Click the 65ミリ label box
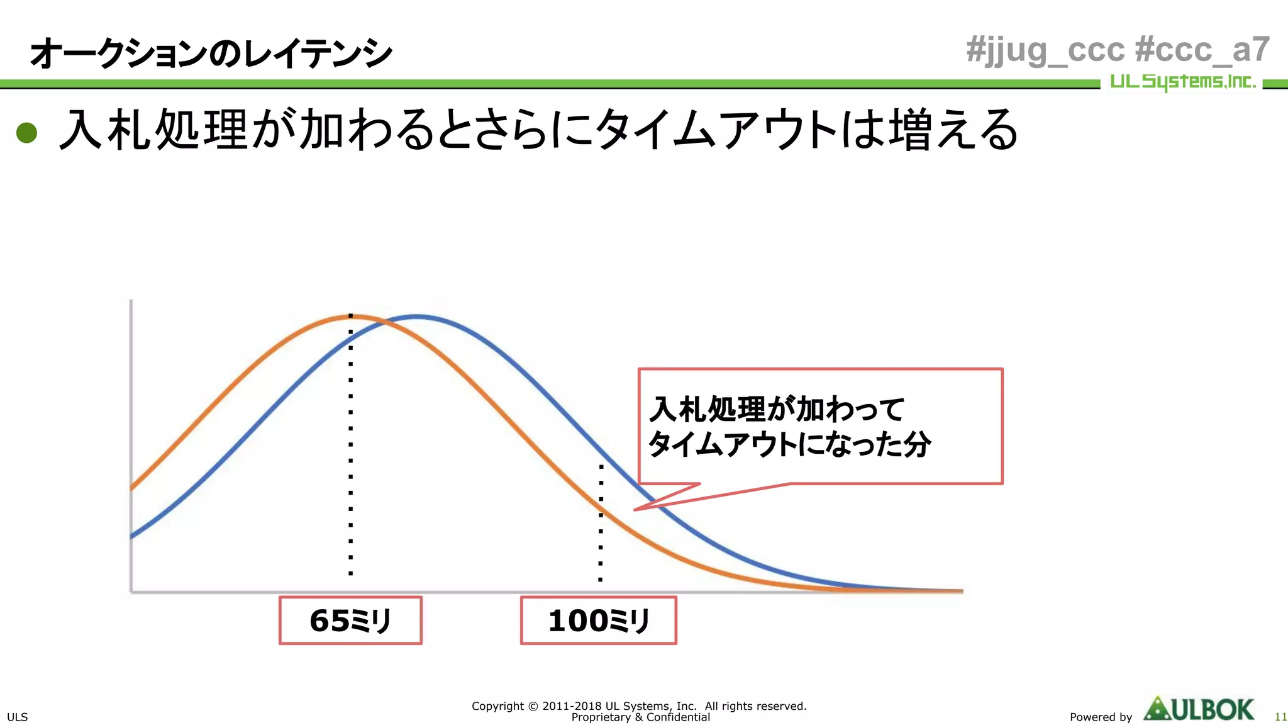[x=350, y=621]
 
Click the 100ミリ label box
[x=598, y=621]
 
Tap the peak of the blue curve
[x=417, y=317]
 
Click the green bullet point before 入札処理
[x=26, y=132]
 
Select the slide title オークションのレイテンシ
[x=211, y=53]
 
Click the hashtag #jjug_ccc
[x=1045, y=50]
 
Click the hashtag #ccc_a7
[x=1202, y=50]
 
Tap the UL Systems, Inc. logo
[x=1182, y=82]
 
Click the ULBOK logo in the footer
[x=1199, y=709]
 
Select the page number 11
[x=1280, y=717]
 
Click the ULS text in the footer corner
[x=17, y=717]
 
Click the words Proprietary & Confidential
[x=640, y=717]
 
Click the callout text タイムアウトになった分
[x=789, y=444]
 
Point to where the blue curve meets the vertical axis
[x=131, y=536]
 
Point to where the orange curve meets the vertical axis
[x=131, y=487]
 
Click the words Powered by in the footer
[x=1101, y=717]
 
